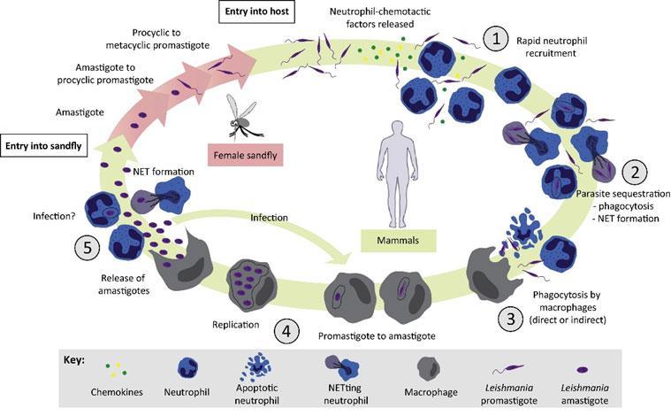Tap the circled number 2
point(635,170)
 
